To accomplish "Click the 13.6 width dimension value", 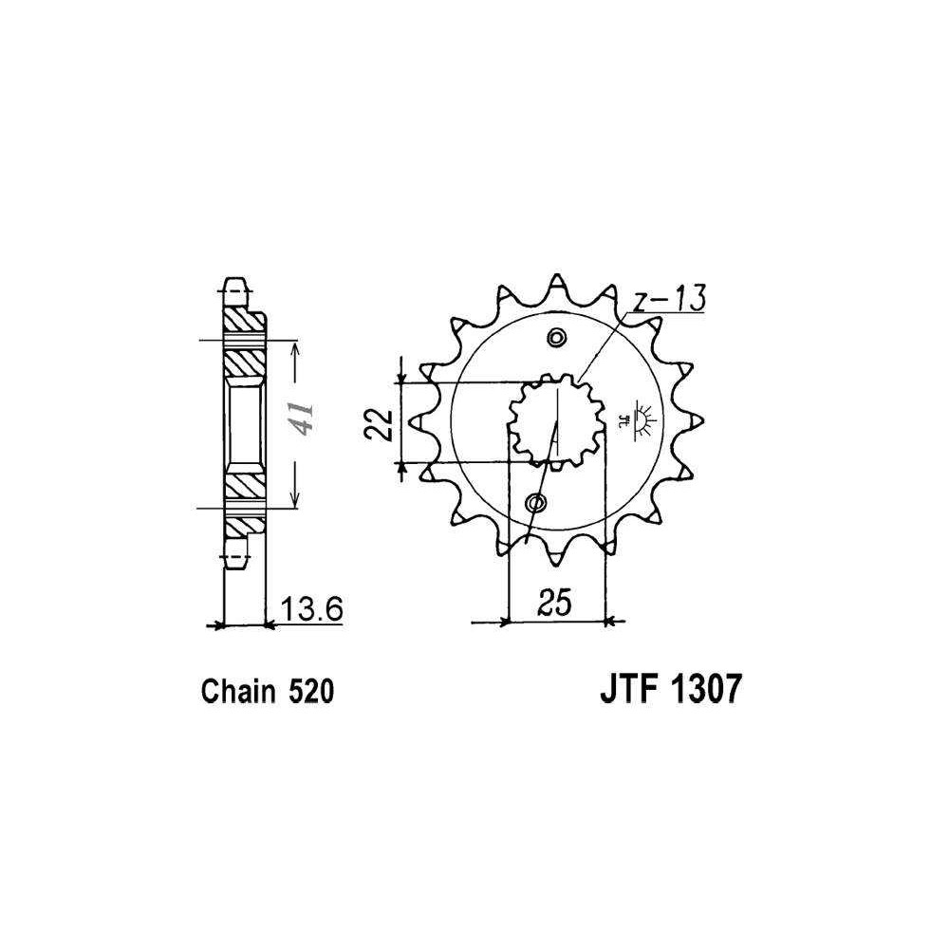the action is pyautogui.click(x=312, y=609).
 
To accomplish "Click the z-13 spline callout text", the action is pyautogui.click(x=668, y=299).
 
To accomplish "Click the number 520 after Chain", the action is pyautogui.click(x=311, y=692).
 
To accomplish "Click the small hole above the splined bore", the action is pyautogui.click(x=555, y=338).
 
